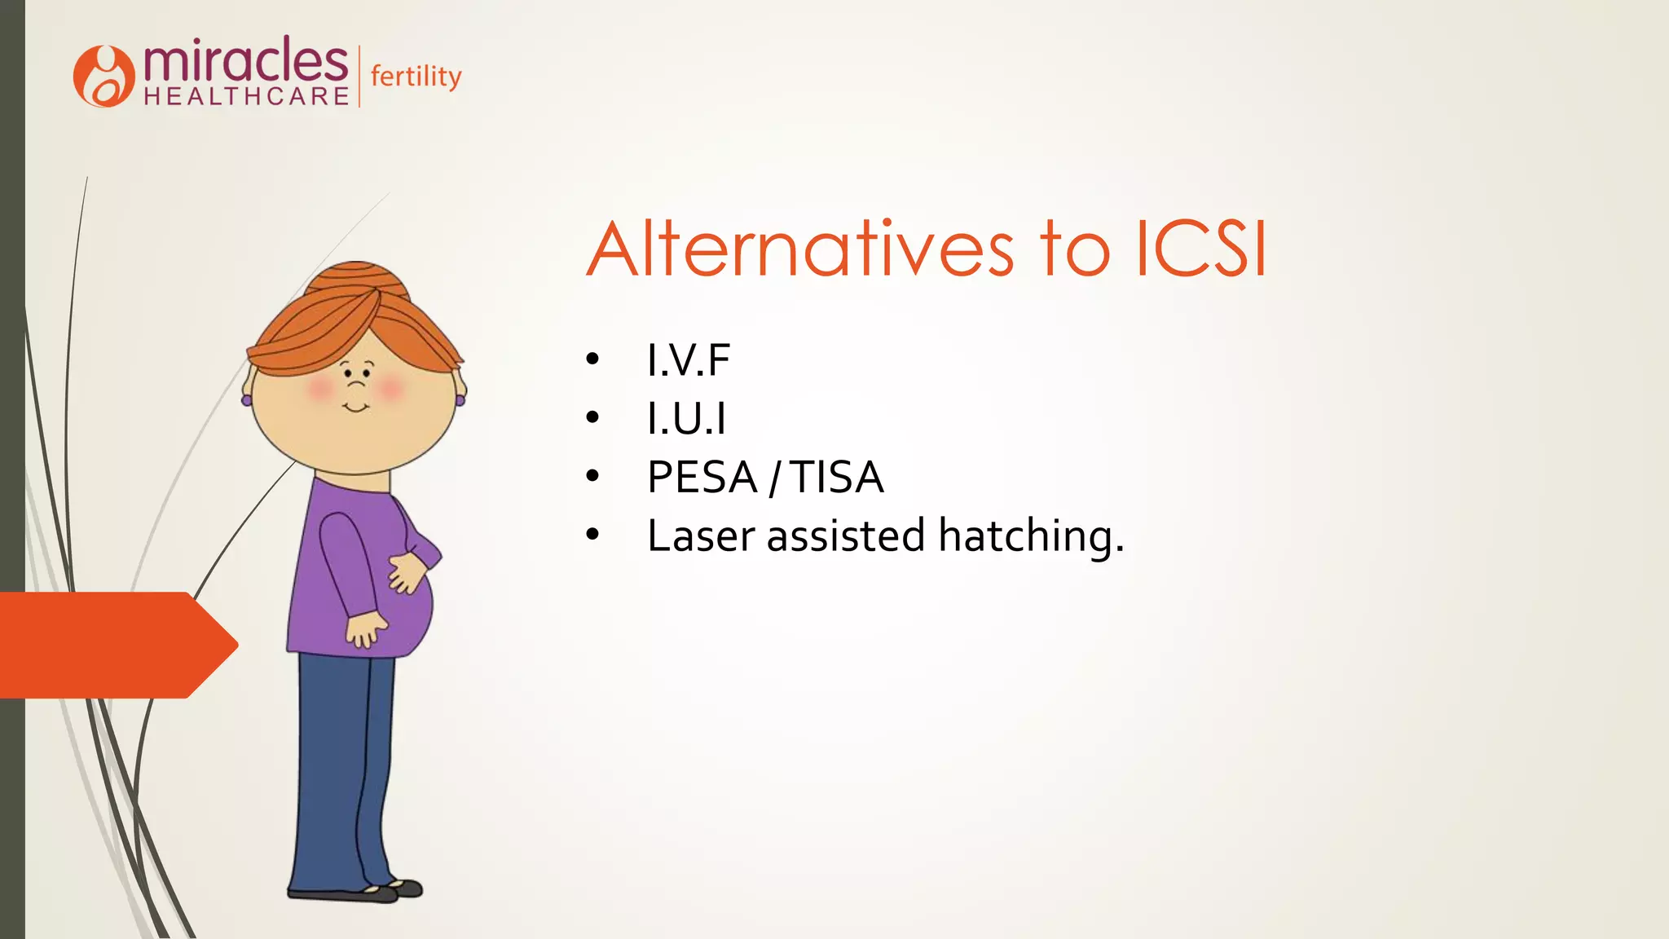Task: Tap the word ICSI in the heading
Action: click(x=1201, y=249)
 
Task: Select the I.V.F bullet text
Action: click(x=689, y=360)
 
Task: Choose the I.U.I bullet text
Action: click(x=686, y=419)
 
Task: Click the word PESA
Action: click(x=702, y=478)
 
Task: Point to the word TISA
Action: click(x=837, y=478)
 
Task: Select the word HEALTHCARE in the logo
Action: click(x=247, y=97)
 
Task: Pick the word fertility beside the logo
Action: click(x=416, y=77)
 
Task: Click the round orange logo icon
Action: click(x=103, y=77)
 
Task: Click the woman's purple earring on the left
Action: click(x=246, y=400)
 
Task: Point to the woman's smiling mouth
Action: click(x=355, y=407)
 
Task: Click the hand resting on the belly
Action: click(x=407, y=571)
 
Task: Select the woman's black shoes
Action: click(x=359, y=892)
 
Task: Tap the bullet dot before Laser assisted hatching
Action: click(x=592, y=536)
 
